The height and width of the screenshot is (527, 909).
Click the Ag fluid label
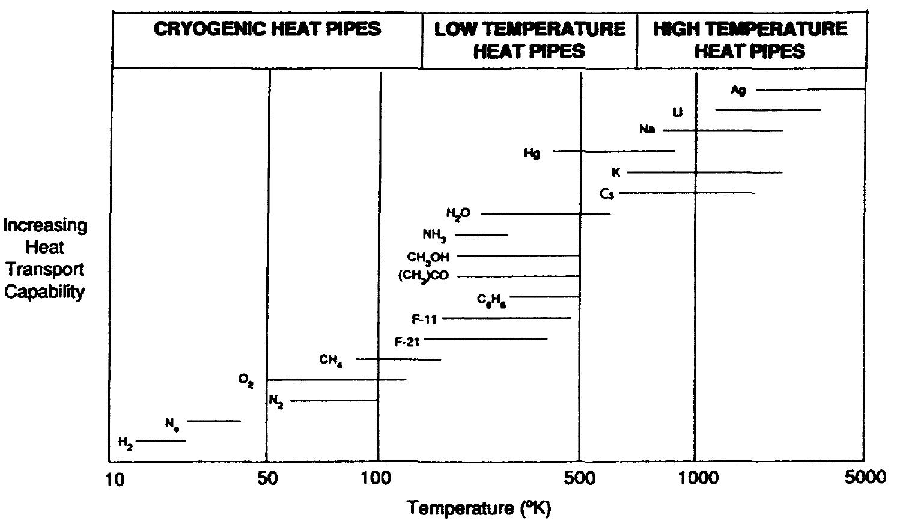[x=738, y=90]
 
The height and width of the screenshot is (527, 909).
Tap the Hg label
[x=532, y=153]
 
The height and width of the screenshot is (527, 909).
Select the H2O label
[x=458, y=213]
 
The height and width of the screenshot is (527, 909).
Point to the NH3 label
[x=434, y=235]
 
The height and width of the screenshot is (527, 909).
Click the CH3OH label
[x=428, y=257]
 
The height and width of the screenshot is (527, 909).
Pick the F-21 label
[x=407, y=341]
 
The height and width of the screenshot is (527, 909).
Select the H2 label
[x=126, y=443]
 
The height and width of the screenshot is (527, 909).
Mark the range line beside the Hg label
[x=613, y=151]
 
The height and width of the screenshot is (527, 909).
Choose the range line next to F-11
[x=506, y=318]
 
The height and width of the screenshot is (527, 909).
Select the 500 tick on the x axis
[x=580, y=478]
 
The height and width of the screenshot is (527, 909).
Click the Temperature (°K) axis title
[x=479, y=508]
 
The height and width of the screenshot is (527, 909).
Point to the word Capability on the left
[x=45, y=293]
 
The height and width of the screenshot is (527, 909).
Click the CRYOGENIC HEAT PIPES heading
[x=267, y=29]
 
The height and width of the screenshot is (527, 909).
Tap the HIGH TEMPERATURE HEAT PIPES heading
[x=750, y=40]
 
